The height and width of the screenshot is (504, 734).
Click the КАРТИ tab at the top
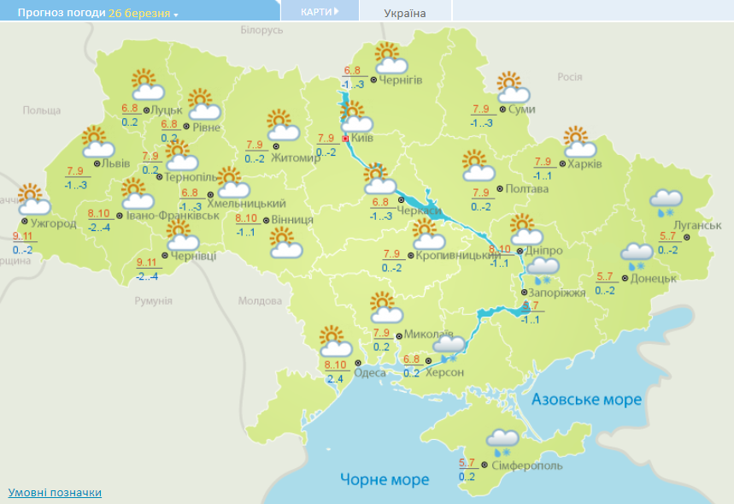(x=320, y=12)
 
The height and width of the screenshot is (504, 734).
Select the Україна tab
(x=405, y=13)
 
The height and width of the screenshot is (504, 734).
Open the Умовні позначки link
(x=55, y=493)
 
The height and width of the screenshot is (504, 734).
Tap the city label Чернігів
(x=401, y=80)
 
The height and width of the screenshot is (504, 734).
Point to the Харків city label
(x=585, y=163)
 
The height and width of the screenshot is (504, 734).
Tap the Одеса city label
(x=370, y=372)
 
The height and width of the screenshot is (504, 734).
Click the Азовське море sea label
(x=586, y=400)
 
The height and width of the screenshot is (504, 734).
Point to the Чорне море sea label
(x=385, y=479)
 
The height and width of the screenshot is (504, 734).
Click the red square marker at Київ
(x=345, y=138)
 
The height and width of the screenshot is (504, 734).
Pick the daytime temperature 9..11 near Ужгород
(x=23, y=236)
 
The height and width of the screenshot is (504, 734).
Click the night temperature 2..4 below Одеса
(x=334, y=379)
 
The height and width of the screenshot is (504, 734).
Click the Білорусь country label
(x=261, y=31)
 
